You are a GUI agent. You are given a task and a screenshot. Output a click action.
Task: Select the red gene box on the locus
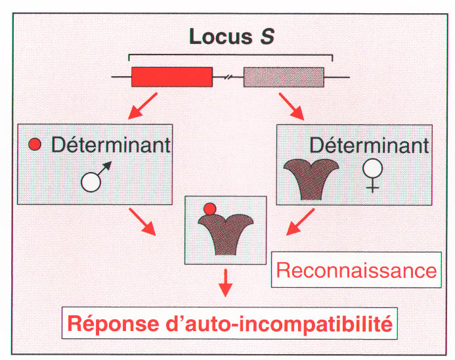pyautogui.click(x=172, y=77)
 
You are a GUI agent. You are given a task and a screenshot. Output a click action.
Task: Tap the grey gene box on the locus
pyautogui.click(x=284, y=77)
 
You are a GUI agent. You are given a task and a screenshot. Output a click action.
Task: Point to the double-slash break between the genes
pyautogui.click(x=228, y=78)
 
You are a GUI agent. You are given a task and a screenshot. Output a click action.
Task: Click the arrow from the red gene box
pyautogui.click(x=143, y=105)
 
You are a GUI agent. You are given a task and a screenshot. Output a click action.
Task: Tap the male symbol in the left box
pyautogui.click(x=95, y=176)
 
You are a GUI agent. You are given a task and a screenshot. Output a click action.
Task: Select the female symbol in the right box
pyautogui.click(x=372, y=175)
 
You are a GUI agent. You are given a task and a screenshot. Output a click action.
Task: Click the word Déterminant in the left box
pyautogui.click(x=111, y=145)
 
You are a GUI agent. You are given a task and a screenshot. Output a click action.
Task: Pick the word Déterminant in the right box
pyautogui.click(x=369, y=144)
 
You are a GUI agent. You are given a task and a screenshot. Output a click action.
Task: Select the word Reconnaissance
pyautogui.click(x=357, y=269)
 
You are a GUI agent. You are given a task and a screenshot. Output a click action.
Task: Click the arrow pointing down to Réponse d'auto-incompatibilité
pyautogui.click(x=225, y=283)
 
